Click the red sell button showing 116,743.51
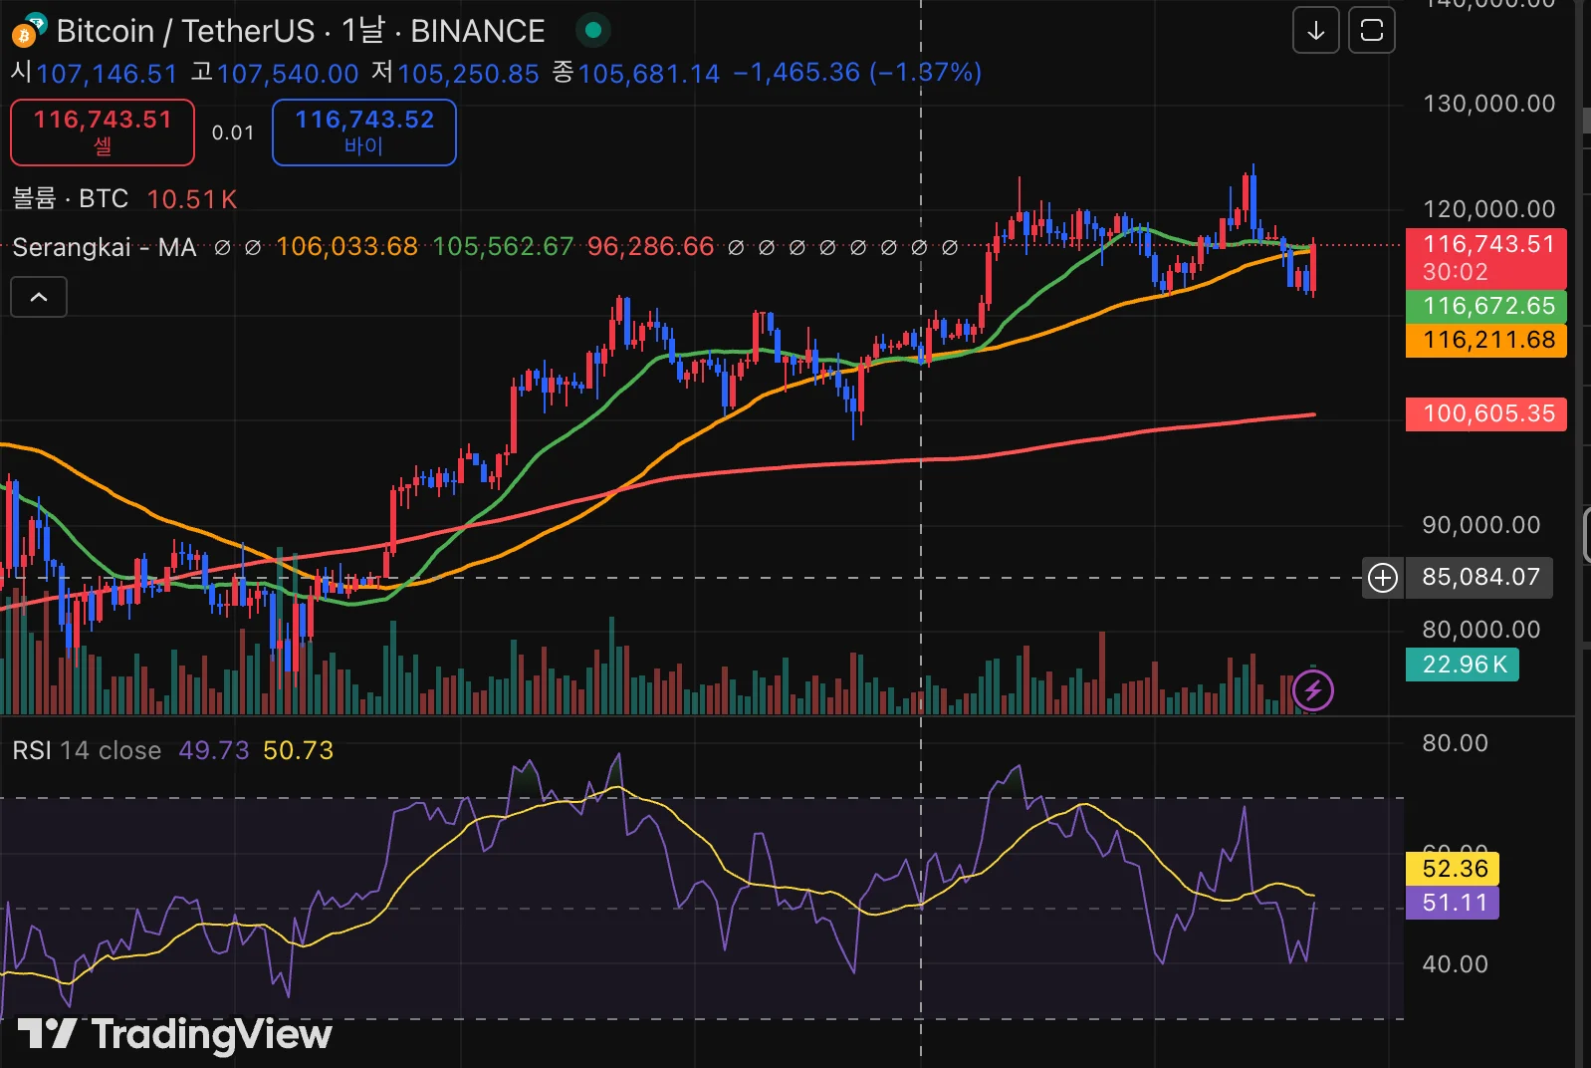pyautogui.click(x=103, y=132)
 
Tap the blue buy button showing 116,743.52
pyautogui.click(x=364, y=132)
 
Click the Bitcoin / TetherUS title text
pyautogui.click(x=184, y=31)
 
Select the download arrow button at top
pyautogui.click(x=1315, y=31)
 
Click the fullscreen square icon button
pyautogui.click(x=1371, y=31)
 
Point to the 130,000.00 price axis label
pyautogui.click(x=1488, y=104)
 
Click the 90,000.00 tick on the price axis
pyautogui.click(x=1480, y=525)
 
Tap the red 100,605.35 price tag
pyautogui.click(x=1486, y=413)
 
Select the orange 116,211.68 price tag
pyautogui.click(x=1486, y=341)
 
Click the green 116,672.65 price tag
pyautogui.click(x=1486, y=306)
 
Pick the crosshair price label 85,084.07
pyautogui.click(x=1479, y=577)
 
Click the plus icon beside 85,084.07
pyautogui.click(x=1383, y=577)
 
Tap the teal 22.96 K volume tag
pyautogui.click(x=1463, y=665)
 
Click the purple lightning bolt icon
pyautogui.click(x=1313, y=689)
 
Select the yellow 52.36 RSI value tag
pyautogui.click(x=1453, y=869)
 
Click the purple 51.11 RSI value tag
pyautogui.click(x=1453, y=903)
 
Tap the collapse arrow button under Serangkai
pyautogui.click(x=39, y=297)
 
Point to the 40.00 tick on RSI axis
pyautogui.click(x=1455, y=964)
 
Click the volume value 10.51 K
pyautogui.click(x=192, y=199)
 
